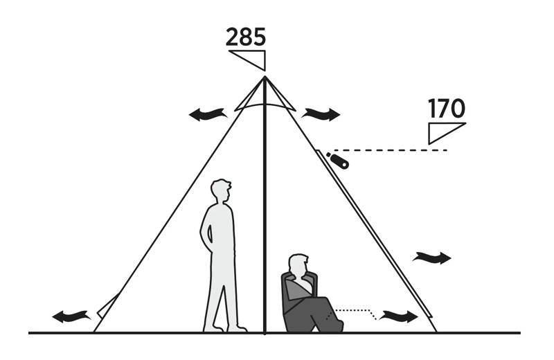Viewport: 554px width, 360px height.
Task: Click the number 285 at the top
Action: (246, 37)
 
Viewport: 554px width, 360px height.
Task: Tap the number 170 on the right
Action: (447, 109)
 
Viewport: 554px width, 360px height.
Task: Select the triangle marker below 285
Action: (247, 60)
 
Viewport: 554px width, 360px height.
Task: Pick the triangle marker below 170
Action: (447, 133)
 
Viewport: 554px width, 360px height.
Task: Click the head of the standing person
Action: (221, 190)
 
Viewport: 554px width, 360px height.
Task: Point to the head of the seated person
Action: (298, 264)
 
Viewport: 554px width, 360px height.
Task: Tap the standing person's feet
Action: (225, 328)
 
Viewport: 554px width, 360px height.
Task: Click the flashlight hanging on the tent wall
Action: (338, 161)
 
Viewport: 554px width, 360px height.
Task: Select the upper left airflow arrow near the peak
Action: (208, 114)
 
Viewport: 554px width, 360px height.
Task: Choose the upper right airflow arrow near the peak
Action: (321, 114)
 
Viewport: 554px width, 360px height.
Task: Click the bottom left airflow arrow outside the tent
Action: (71, 316)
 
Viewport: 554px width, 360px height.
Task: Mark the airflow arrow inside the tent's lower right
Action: (399, 316)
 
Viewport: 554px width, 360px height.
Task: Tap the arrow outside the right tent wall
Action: (431, 258)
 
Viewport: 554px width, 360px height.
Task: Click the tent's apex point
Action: (265, 76)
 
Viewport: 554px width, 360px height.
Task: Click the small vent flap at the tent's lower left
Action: (107, 305)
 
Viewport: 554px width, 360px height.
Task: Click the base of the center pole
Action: (265, 332)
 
